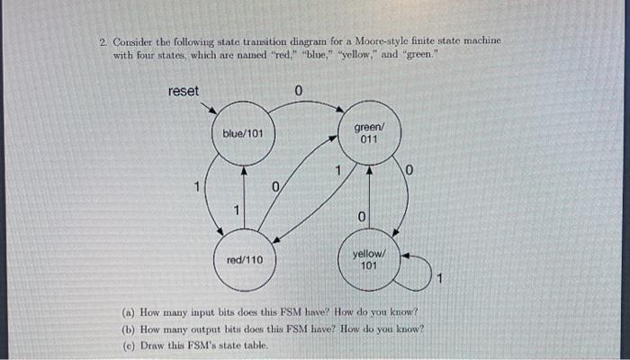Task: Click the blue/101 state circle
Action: (x=243, y=135)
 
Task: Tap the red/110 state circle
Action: (x=244, y=261)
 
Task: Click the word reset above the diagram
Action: (x=184, y=90)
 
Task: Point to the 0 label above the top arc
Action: (x=299, y=90)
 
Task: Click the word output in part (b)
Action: (x=207, y=328)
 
